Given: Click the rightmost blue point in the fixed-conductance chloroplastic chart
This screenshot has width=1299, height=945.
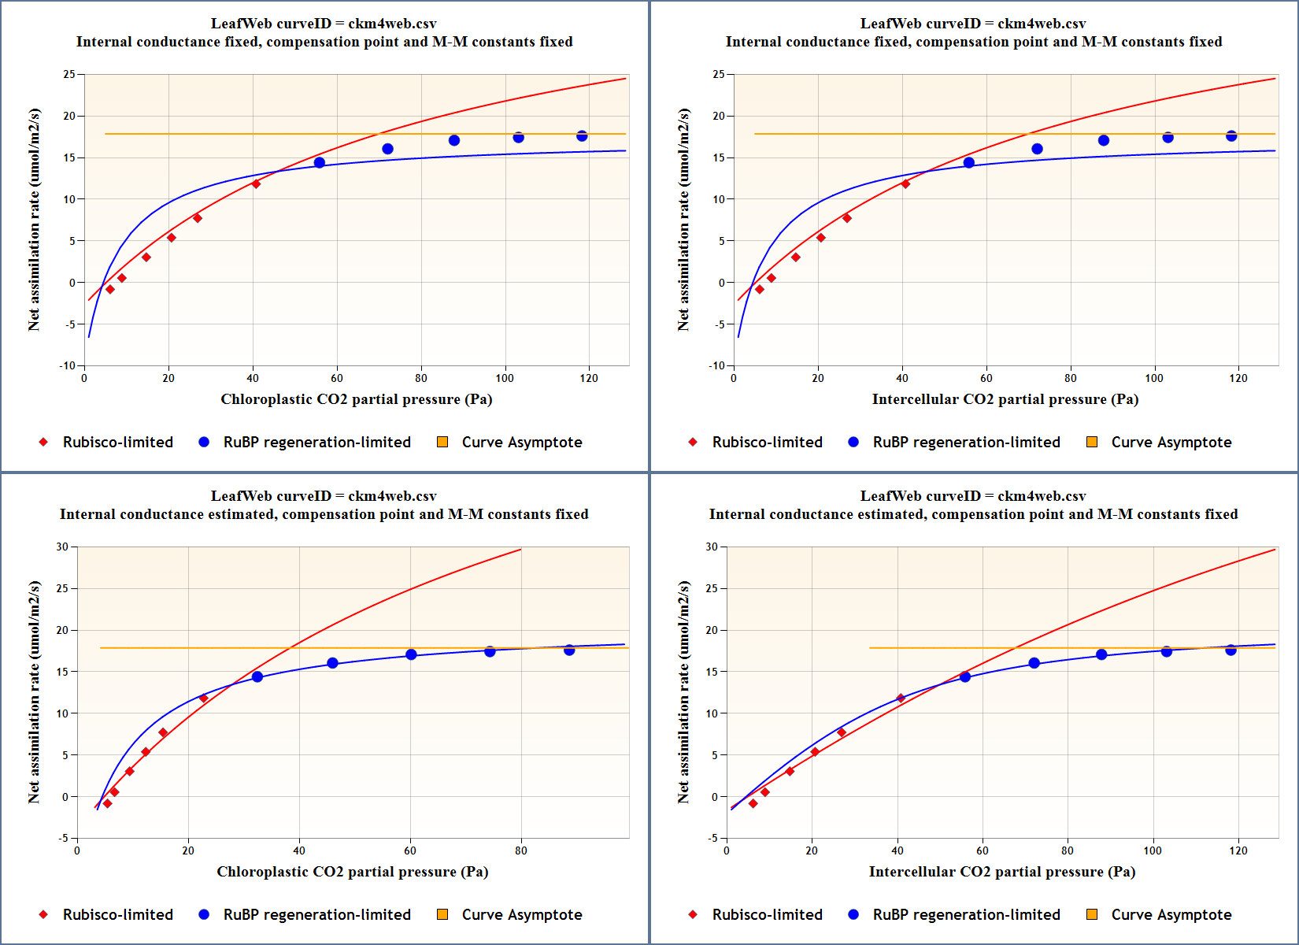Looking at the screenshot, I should tap(582, 136).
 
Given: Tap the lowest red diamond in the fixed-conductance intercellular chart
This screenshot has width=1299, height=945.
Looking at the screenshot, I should tap(760, 290).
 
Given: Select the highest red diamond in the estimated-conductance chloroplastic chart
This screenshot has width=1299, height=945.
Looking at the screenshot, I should tap(204, 699).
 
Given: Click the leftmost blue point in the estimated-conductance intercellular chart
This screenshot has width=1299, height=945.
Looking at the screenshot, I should tap(965, 677).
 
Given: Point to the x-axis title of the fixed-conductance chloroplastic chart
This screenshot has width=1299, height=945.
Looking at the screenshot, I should tap(356, 399).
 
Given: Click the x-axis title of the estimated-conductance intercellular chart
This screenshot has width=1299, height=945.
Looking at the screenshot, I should tap(1001, 872).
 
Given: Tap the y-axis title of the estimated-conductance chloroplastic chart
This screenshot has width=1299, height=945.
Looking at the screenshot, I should tap(34, 692).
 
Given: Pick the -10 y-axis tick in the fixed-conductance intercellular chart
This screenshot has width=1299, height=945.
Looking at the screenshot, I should tap(716, 365).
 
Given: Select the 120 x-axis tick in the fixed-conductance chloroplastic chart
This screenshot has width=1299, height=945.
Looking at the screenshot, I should tap(589, 378).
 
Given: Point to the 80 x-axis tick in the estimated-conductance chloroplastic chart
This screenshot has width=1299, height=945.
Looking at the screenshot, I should tap(521, 850).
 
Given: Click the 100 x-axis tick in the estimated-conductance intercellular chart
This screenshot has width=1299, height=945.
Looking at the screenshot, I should tap(1153, 850).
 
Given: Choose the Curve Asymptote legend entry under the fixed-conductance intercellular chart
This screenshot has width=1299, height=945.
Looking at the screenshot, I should tap(1171, 443).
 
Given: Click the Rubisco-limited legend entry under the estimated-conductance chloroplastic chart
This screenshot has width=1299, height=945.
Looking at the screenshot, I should tap(117, 915).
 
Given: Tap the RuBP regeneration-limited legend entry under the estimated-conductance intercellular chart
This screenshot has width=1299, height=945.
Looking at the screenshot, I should tap(966, 915).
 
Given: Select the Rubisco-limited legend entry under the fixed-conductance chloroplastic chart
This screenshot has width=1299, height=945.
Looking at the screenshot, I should tap(117, 443).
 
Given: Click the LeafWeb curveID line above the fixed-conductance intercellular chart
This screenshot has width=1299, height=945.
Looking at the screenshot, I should tap(973, 24).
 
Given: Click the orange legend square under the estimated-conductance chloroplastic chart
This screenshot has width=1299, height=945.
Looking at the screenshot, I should tap(442, 914).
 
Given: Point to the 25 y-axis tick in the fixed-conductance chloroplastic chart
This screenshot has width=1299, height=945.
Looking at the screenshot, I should tap(69, 74).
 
